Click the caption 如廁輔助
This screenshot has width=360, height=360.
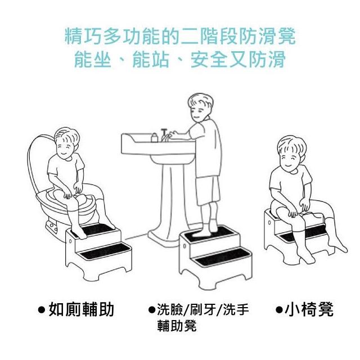point(81,309)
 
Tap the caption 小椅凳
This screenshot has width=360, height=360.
point(309,309)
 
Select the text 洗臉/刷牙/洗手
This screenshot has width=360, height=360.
point(202,310)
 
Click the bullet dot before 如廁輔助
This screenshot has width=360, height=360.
point(41,310)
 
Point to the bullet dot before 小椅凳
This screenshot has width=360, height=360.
point(279,310)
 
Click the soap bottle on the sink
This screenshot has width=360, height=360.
point(155,137)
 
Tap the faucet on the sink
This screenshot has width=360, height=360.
point(164,135)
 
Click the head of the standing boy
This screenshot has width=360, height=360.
point(200,107)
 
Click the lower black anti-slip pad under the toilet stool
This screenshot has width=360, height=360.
point(104,251)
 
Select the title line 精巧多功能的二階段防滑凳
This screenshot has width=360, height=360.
point(180,36)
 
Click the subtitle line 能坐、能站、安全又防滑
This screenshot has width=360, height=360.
point(180,60)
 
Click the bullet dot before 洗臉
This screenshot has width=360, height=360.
point(151,310)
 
